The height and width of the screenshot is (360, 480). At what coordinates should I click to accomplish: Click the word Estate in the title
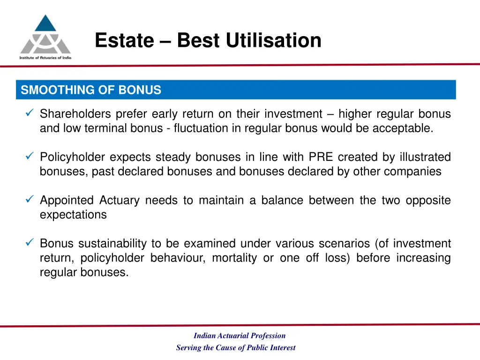coord(124,41)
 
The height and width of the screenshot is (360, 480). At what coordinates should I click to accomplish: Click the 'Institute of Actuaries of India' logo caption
coord(45,57)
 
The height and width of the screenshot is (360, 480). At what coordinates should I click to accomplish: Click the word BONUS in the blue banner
coord(140,90)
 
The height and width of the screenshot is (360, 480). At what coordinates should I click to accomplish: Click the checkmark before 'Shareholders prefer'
coord(29,113)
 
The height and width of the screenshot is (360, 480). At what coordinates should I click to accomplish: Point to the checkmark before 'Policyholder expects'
coord(29,157)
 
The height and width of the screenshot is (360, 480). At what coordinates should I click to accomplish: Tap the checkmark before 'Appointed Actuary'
coord(29,200)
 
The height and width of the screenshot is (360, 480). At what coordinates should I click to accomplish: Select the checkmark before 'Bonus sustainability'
coord(29,243)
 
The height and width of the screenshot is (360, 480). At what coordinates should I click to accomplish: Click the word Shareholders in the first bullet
coord(75,114)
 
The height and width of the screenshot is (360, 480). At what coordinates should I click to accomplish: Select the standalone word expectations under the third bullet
coord(73,215)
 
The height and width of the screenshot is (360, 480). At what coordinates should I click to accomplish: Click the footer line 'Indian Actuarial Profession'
coord(240,336)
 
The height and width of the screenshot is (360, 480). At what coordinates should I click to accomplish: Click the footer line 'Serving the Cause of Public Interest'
coord(236,348)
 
